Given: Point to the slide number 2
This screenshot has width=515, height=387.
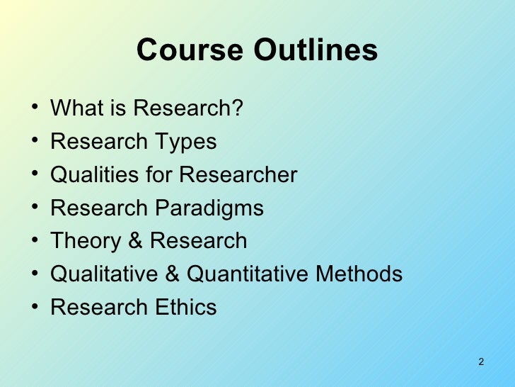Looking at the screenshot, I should point(481,362).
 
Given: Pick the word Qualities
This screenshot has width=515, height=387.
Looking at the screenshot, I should point(94,174).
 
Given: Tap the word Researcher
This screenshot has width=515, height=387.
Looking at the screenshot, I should point(238,174).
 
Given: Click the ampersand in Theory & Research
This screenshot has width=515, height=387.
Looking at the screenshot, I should point(134,241).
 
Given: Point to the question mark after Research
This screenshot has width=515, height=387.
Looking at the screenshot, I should point(237,108).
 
